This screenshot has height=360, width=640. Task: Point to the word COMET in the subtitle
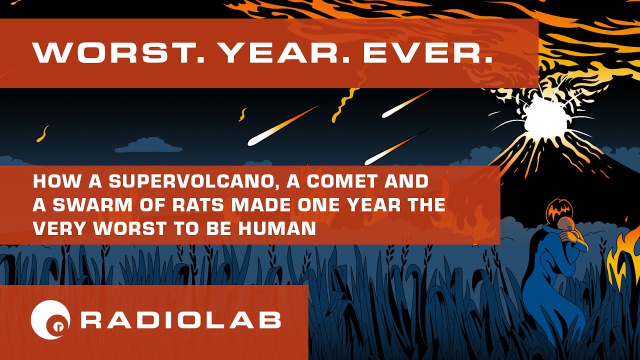click(340, 181)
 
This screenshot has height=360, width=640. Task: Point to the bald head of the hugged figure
click(565, 224)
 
